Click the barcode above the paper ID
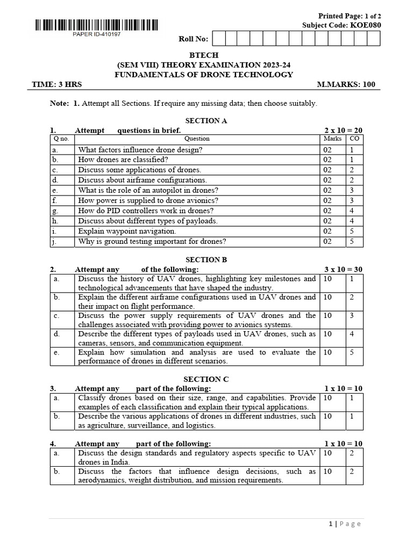(97, 24)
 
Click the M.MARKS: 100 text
(346, 84)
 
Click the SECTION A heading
(206, 121)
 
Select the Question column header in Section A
(197, 139)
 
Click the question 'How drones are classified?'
(123, 160)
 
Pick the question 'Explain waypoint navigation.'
(127, 231)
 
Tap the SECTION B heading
(206, 259)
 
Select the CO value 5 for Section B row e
(352, 352)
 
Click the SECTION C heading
(206, 379)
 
